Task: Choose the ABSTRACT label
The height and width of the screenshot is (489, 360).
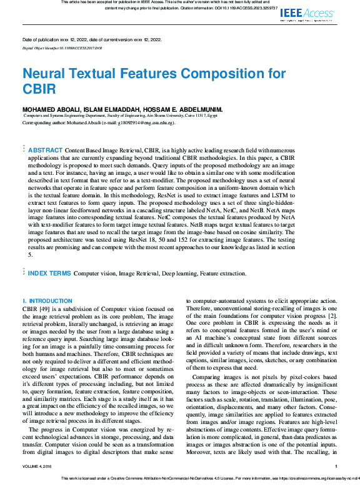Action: coord(46,151)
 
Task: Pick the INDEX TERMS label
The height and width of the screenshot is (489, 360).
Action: coord(49,274)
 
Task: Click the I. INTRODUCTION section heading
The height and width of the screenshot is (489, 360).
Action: coord(47,301)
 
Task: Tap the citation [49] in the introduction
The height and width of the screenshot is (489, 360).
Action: coord(43,309)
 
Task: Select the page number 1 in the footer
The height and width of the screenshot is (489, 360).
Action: coord(336,466)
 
